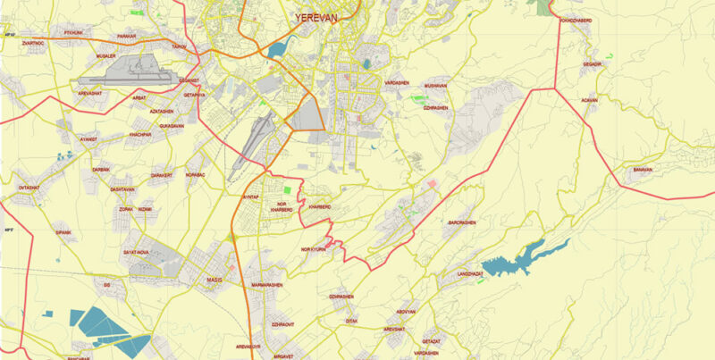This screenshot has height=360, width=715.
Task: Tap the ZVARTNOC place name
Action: click(x=35, y=42)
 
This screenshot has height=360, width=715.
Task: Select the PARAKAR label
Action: click(x=127, y=37)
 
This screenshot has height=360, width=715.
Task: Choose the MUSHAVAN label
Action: click(x=435, y=86)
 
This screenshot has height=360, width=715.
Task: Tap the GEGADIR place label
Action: click(x=593, y=65)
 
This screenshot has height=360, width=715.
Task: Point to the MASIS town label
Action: click(x=214, y=280)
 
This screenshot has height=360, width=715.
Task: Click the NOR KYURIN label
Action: click(x=315, y=249)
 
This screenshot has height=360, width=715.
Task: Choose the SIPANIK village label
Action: click(x=62, y=232)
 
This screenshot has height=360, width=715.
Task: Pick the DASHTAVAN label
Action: click(x=122, y=189)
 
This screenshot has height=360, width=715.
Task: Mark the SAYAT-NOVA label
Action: click(x=136, y=253)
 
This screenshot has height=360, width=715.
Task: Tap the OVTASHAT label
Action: click(x=29, y=188)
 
